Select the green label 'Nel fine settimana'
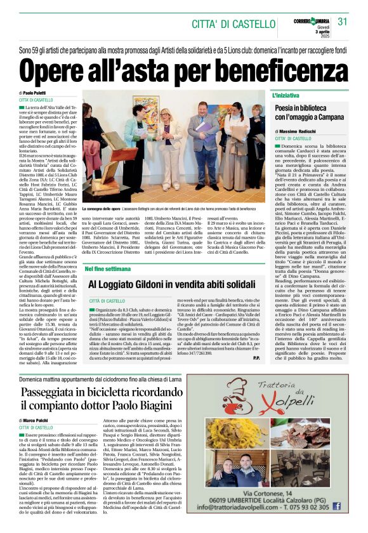click(x=103, y=269)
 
